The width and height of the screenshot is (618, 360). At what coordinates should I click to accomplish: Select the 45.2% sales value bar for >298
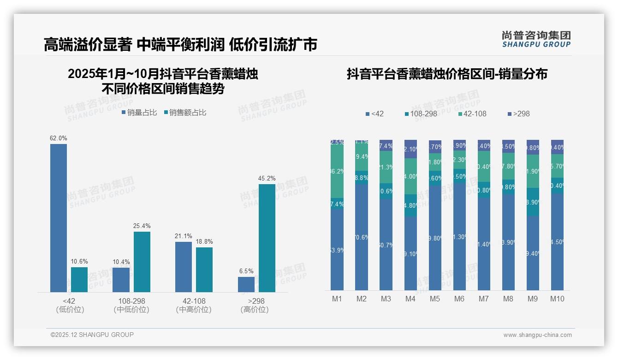(x=267, y=238)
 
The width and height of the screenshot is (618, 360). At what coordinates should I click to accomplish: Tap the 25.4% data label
(x=142, y=226)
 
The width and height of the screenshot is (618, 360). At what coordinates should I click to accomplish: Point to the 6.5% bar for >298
(x=246, y=284)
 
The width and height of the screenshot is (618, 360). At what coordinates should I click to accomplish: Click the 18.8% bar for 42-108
(x=204, y=270)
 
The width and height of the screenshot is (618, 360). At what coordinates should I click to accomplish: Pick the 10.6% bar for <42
(x=79, y=279)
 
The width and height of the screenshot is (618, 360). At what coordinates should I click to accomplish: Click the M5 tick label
(x=435, y=299)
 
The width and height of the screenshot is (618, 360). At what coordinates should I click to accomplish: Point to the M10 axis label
(x=557, y=299)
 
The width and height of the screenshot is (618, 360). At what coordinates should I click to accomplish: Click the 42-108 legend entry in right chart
(x=473, y=114)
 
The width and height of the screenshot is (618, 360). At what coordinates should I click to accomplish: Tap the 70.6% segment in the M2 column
(x=362, y=237)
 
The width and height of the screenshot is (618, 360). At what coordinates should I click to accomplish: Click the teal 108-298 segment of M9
(x=533, y=202)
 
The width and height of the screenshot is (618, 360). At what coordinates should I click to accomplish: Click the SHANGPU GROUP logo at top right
(x=536, y=39)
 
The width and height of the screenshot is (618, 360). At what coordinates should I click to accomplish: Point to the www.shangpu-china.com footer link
(x=537, y=335)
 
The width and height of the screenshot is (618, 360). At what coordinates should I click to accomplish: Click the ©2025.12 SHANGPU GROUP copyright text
(x=92, y=335)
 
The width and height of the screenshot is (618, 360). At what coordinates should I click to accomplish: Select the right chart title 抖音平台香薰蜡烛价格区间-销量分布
(x=447, y=74)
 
